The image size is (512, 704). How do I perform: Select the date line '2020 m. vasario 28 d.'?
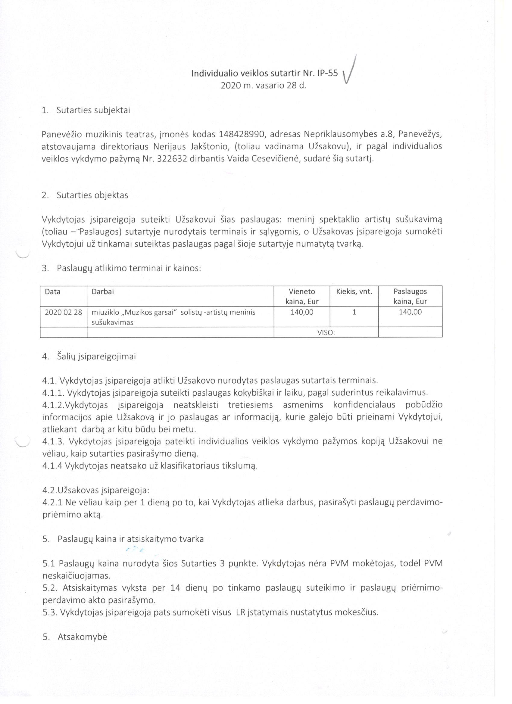(263, 86)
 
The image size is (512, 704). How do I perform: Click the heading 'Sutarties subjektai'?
(93, 110)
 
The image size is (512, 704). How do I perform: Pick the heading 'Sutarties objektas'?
(92, 195)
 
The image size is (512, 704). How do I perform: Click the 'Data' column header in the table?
(53, 291)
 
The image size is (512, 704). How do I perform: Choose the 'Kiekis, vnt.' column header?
(354, 291)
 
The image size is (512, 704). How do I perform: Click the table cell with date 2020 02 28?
(63, 312)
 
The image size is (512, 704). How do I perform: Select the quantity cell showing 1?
(354, 312)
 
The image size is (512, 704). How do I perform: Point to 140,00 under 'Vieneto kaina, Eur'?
(302, 312)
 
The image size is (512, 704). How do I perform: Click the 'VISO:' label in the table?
(326, 332)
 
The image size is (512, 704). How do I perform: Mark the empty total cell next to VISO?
(410, 332)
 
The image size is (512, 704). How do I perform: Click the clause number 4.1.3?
(53, 441)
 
